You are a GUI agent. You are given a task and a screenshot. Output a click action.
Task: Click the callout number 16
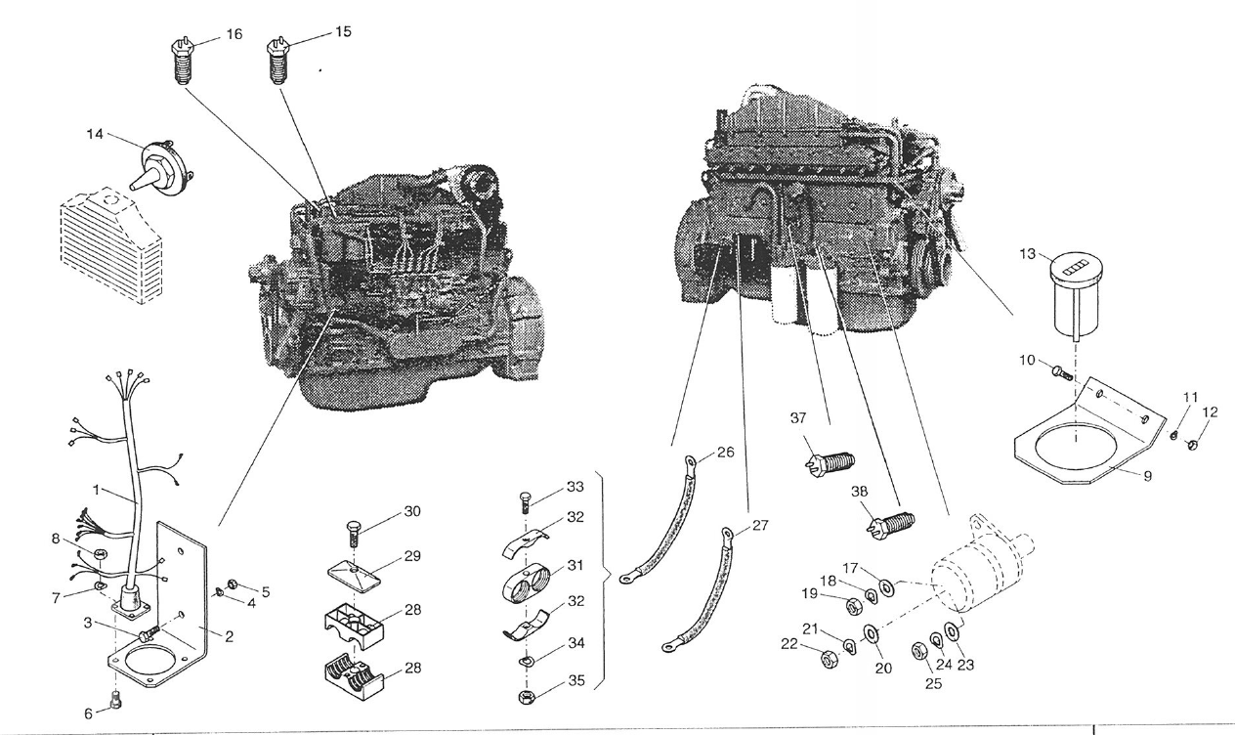(234, 34)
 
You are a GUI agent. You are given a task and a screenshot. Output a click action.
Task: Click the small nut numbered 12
(1193, 446)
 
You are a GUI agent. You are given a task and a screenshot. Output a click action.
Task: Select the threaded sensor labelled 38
(890, 523)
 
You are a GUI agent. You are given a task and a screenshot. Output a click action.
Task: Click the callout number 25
(933, 684)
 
